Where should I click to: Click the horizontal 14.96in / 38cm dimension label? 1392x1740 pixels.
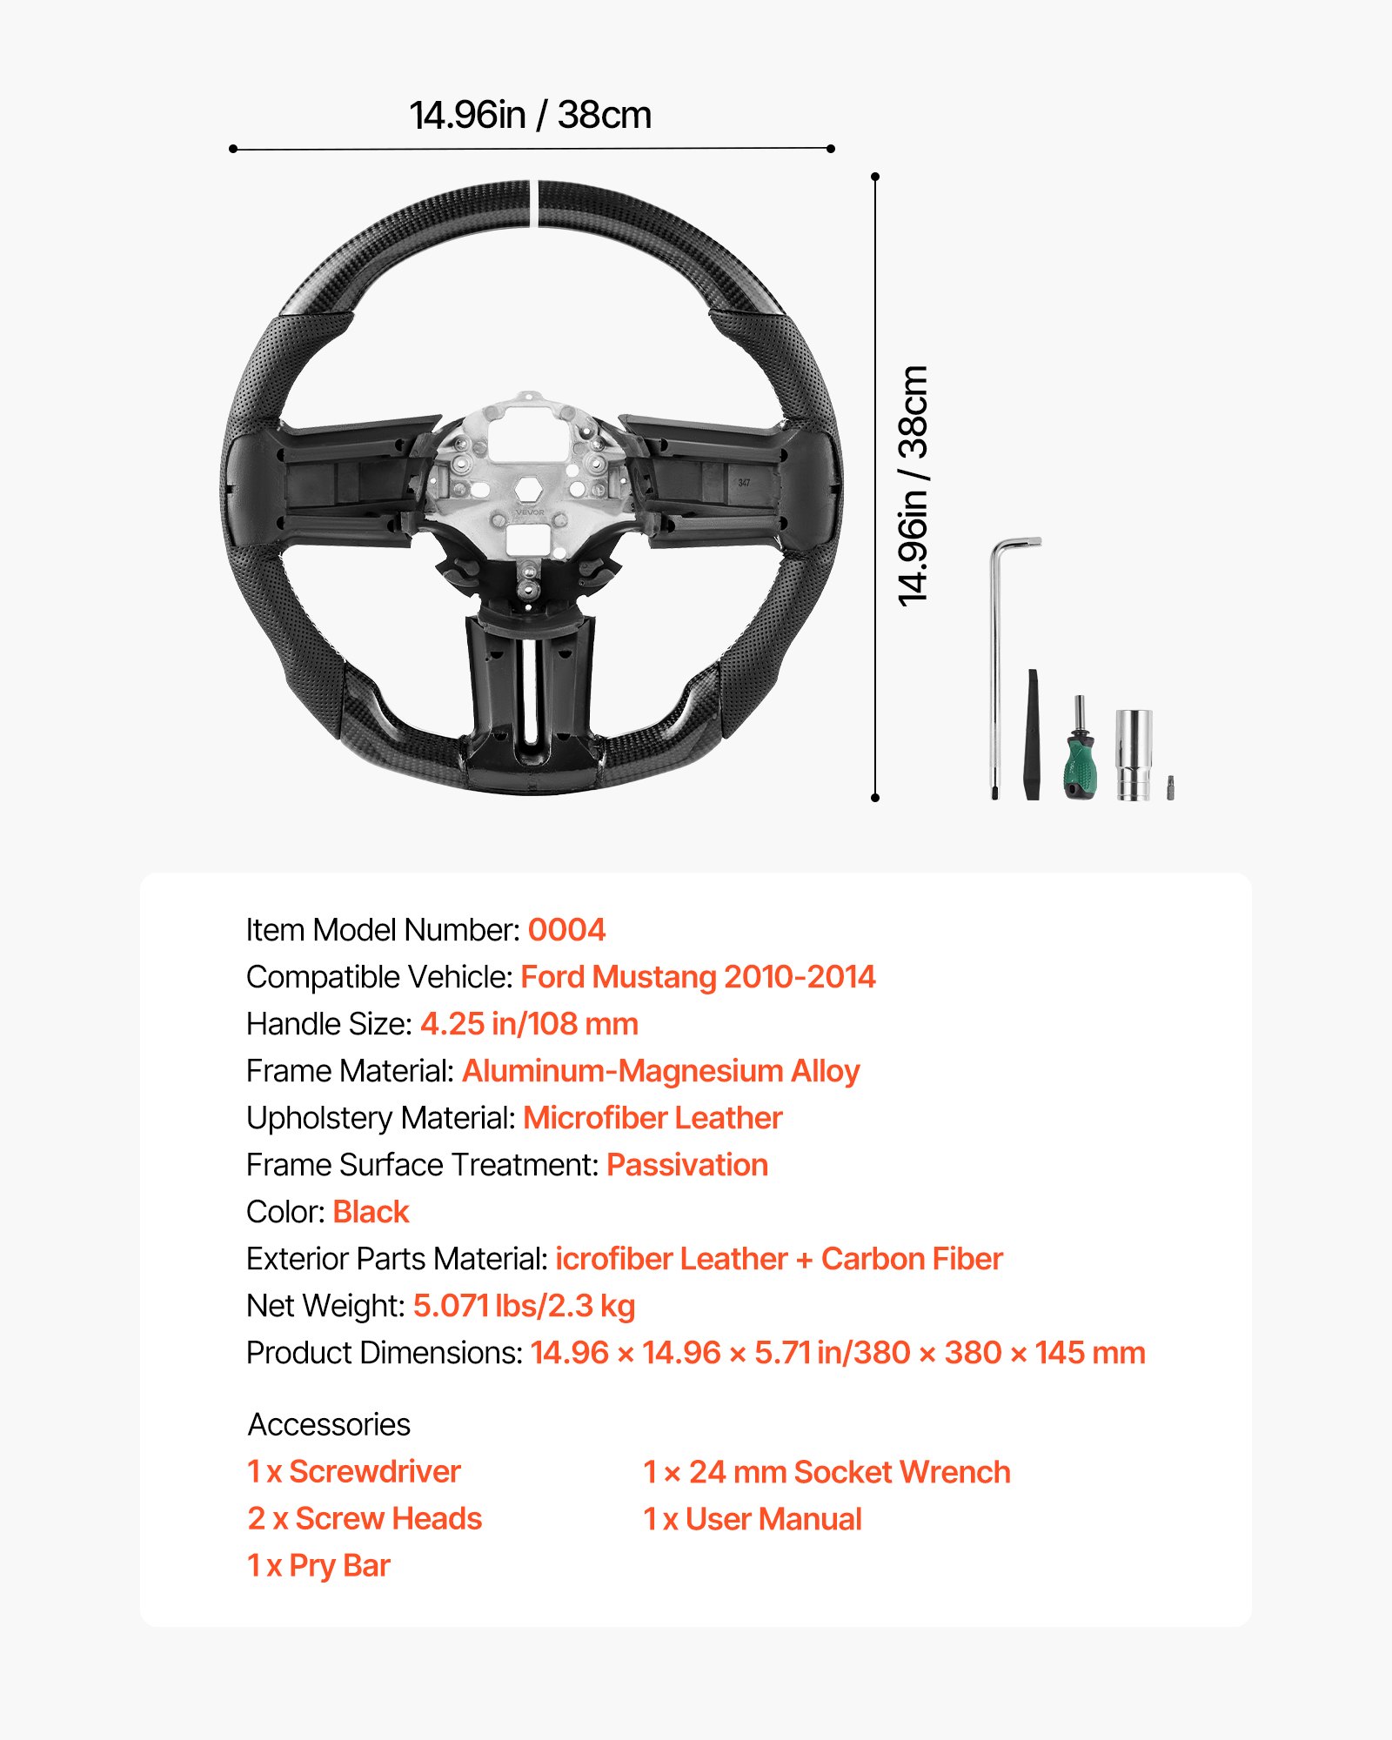530,115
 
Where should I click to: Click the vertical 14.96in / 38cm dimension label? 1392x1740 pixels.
913,485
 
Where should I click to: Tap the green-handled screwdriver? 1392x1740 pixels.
1079,753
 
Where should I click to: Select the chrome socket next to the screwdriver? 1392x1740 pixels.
1134,753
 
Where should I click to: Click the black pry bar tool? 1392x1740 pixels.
1033,735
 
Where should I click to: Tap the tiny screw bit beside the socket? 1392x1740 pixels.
1170,786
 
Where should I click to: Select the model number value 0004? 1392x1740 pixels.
566,930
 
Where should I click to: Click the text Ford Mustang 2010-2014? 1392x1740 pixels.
698,977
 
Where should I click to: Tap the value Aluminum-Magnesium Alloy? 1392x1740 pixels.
660,1071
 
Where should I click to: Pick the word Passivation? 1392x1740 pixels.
687,1165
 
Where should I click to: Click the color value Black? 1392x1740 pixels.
371,1212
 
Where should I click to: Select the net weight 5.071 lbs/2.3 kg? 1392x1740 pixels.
524,1306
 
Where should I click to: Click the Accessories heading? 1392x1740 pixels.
329,1424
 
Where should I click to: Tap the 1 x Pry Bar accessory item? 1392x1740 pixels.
318,1565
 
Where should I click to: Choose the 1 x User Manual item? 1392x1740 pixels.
752,1519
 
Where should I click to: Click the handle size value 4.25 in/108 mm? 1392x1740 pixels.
529,1024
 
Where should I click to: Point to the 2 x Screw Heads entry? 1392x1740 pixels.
365,1518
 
